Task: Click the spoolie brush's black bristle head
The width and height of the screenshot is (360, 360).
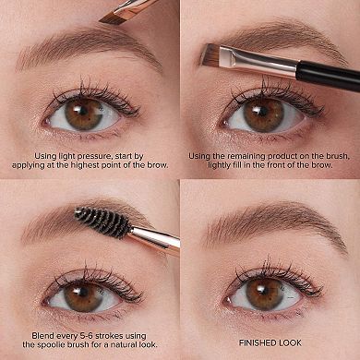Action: click(103, 222)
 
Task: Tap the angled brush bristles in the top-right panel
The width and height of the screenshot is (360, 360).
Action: click(210, 54)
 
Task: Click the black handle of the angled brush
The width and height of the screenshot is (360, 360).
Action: click(329, 77)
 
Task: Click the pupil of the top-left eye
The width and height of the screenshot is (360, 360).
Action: click(83, 112)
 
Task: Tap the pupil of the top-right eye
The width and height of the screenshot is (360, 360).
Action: click(261, 112)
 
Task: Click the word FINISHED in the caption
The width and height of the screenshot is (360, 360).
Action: click(258, 342)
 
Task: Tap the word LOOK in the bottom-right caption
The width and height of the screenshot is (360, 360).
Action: click(290, 342)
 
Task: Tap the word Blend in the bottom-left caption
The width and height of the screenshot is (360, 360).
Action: click(42, 335)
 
